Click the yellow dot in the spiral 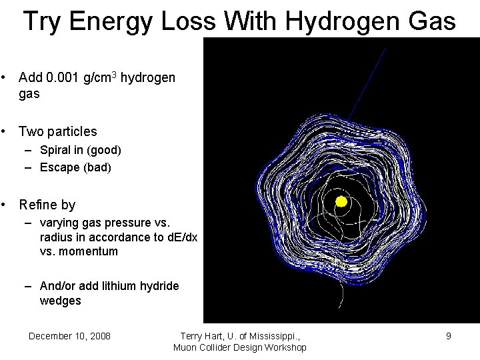(341, 201)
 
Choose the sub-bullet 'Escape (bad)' (75, 167)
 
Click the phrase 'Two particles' (57, 131)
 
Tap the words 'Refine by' (47, 205)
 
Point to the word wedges (61, 301)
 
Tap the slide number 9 (449, 336)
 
